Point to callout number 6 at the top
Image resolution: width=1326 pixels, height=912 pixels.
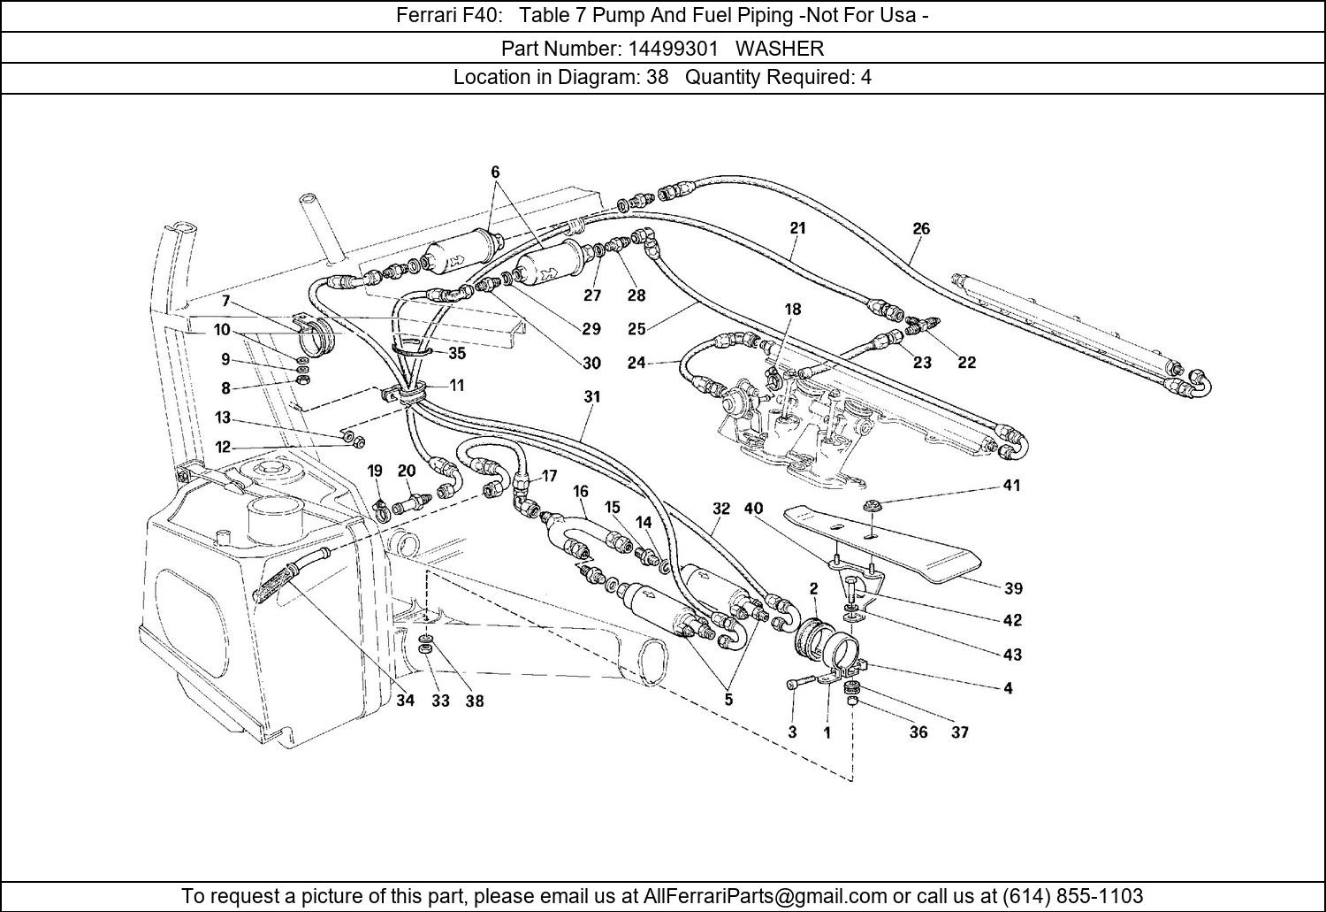point(495,172)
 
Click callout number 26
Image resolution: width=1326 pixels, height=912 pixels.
point(921,228)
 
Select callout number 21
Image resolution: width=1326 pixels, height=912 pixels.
point(797,228)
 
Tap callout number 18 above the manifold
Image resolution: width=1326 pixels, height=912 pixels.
point(793,309)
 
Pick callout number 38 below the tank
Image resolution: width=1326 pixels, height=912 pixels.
point(475,701)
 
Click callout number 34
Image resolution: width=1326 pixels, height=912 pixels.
point(405,701)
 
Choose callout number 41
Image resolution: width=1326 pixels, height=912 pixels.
point(1011,485)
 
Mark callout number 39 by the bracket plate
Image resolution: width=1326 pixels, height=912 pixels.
point(1013,588)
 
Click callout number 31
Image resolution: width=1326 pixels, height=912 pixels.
point(592,397)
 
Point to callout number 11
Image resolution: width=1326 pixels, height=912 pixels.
point(456,385)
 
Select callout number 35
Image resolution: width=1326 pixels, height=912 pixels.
point(456,353)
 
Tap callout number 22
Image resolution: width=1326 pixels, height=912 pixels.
point(967,363)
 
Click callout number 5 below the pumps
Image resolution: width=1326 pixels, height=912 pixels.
point(728,699)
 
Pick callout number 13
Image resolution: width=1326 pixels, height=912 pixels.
point(222,418)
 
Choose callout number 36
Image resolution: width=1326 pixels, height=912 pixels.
point(918,732)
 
